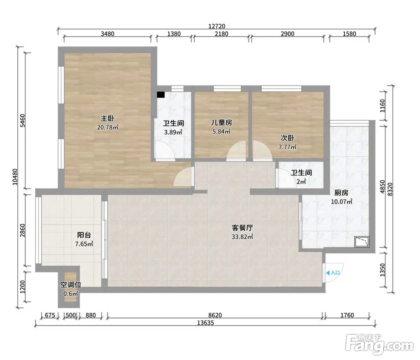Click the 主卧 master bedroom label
click(x=108, y=118)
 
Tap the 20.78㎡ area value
click(x=108, y=127)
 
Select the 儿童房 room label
click(x=221, y=123)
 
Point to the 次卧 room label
click(x=287, y=138)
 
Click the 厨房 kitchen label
click(x=341, y=192)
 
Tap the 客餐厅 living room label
click(x=243, y=228)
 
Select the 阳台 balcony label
click(x=84, y=235)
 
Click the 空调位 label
click(x=71, y=284)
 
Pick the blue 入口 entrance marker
click(x=333, y=273)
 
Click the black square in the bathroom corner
click(x=161, y=95)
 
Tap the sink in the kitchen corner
click(x=362, y=242)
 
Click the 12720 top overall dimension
click(x=217, y=26)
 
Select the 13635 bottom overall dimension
click(x=206, y=323)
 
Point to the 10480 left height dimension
click(x=15, y=177)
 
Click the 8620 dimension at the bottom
click(x=215, y=315)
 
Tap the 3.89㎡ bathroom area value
click(x=173, y=132)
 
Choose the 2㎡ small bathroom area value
click(x=301, y=182)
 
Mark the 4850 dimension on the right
click(x=382, y=187)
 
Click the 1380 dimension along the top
click(x=174, y=34)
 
